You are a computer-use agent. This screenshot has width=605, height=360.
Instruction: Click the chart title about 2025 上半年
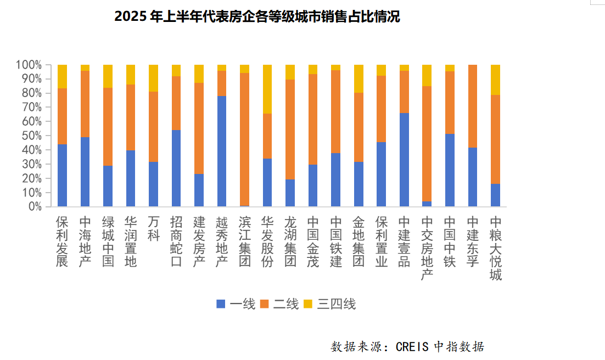click(257, 17)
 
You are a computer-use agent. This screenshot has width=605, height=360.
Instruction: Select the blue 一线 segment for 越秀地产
click(222, 151)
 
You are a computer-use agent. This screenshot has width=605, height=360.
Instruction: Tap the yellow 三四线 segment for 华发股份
click(267, 89)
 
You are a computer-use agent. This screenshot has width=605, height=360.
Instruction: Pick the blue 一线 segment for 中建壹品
click(404, 160)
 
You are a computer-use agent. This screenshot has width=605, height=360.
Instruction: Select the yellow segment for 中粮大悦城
click(495, 80)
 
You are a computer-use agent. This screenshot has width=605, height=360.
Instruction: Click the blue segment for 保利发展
click(62, 175)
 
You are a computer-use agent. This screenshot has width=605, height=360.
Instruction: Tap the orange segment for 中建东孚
click(472, 106)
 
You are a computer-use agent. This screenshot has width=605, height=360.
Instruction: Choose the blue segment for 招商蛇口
click(176, 168)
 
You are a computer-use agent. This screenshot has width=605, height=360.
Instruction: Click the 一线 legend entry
click(236, 303)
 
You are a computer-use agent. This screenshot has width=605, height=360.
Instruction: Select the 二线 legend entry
click(279, 303)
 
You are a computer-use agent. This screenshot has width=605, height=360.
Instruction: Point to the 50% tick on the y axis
click(31, 136)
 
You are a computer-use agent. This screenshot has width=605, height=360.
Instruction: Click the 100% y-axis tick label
click(29, 65)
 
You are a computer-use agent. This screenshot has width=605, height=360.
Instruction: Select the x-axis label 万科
click(154, 229)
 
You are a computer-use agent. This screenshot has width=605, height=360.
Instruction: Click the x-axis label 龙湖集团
click(290, 241)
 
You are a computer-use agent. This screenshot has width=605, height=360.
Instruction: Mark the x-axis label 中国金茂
click(313, 241)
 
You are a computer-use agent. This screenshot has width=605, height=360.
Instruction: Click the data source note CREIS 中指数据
click(407, 347)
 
